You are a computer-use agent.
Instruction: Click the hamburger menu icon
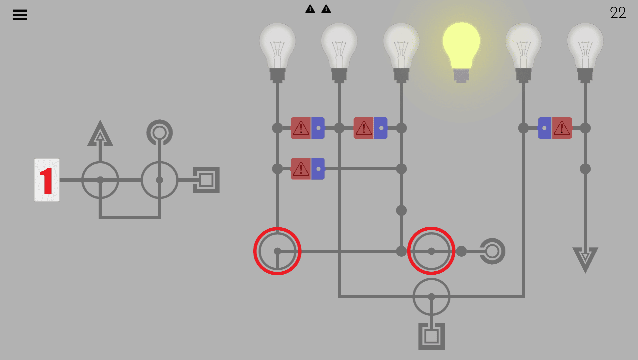[x=20, y=15]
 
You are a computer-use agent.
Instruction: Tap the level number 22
[x=618, y=13]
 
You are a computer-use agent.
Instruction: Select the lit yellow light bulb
[x=461, y=50]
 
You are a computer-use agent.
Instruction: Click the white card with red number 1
[x=47, y=180]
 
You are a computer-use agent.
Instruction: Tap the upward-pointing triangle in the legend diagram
[x=100, y=134]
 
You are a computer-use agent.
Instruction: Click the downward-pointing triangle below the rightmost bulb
[x=585, y=259]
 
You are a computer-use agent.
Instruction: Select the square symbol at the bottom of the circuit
[x=431, y=336]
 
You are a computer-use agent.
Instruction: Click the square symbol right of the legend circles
[x=206, y=180]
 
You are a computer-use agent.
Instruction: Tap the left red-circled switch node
[x=277, y=251]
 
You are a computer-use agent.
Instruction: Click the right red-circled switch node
[x=431, y=251]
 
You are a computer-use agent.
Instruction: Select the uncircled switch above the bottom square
[x=431, y=297]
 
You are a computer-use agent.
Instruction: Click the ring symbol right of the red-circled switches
[x=492, y=251]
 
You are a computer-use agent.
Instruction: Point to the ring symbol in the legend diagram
[x=160, y=132]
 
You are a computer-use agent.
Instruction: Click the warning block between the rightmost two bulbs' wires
[x=555, y=128]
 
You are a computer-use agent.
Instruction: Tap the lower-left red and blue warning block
[x=308, y=169]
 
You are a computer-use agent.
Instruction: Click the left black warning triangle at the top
[x=310, y=9]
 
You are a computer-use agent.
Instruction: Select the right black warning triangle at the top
[x=326, y=9]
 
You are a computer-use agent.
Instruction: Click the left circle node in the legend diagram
[x=100, y=180]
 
